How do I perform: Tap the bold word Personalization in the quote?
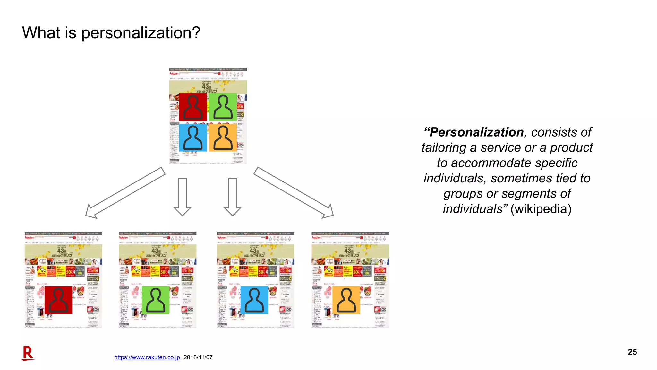point(476,132)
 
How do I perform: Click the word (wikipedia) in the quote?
point(541,209)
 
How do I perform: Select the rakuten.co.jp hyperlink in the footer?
point(147,357)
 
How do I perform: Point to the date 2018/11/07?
point(198,357)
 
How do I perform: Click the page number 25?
point(632,352)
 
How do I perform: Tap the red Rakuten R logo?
point(28,353)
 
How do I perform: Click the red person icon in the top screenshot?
point(193,107)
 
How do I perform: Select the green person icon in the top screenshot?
point(223,107)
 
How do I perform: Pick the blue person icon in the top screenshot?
point(193,137)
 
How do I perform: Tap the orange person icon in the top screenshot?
point(223,137)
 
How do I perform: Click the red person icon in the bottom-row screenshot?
point(58,300)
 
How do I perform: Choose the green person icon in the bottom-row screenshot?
point(156,300)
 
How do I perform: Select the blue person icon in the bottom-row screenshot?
point(254,300)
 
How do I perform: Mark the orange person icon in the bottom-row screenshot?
point(346,300)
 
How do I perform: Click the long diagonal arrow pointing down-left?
point(125,193)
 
